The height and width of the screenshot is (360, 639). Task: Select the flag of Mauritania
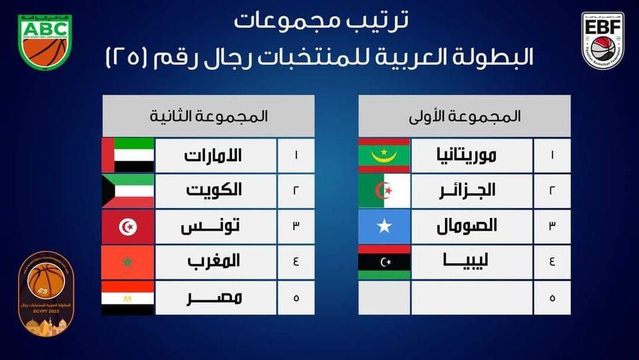[x=384, y=156]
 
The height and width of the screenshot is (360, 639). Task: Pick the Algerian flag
[x=384, y=191]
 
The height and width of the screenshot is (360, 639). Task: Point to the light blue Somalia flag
[x=384, y=227]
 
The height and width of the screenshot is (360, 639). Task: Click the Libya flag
[x=384, y=262]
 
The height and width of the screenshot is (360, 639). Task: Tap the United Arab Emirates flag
[x=128, y=156]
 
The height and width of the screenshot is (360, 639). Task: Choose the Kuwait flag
[x=128, y=191]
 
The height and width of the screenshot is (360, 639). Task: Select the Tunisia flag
[x=128, y=227]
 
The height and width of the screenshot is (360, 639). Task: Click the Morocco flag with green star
[x=128, y=262]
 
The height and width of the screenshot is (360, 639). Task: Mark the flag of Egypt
[x=128, y=297]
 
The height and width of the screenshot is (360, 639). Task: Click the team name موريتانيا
[x=464, y=156]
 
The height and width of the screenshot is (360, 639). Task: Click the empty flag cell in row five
[x=384, y=297]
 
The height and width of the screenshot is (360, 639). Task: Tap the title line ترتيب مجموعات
[x=322, y=21]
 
